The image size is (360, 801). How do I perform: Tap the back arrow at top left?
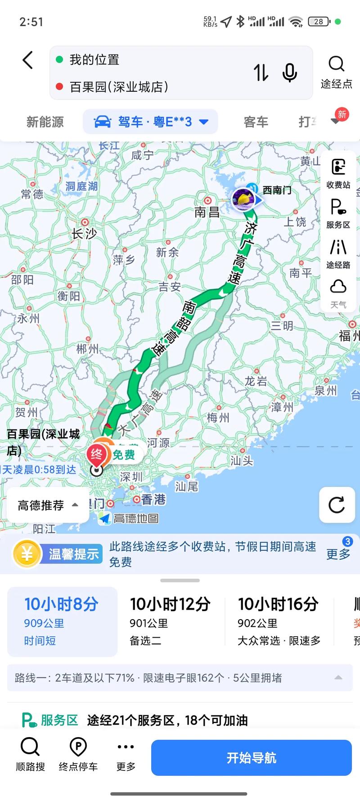[x=28, y=60]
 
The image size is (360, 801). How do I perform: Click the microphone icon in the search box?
[x=289, y=72]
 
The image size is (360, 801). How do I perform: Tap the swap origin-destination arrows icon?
[x=261, y=72]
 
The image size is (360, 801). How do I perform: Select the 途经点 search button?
[x=336, y=71]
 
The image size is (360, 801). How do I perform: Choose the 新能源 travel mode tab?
[x=45, y=122]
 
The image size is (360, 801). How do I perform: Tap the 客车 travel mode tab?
[x=256, y=122]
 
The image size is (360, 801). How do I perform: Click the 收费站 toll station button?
[x=338, y=173]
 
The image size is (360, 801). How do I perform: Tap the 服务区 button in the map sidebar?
[x=338, y=213]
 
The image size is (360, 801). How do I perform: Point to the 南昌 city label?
[x=207, y=212]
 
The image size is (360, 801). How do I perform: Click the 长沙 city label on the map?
[x=84, y=233]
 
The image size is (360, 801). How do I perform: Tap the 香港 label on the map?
[x=153, y=499]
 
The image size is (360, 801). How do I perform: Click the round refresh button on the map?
[x=337, y=505]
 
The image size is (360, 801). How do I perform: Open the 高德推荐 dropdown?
[x=48, y=505]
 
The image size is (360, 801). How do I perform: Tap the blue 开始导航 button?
[x=251, y=758]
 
